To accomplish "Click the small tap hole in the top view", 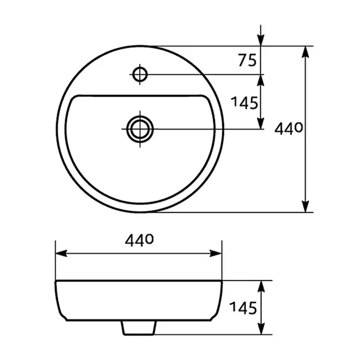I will click(x=140, y=75).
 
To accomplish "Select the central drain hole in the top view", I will click(x=140, y=129).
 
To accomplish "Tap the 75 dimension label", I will click(x=247, y=60).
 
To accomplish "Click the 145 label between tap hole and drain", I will click(x=245, y=102).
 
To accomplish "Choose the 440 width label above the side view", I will click(x=139, y=240).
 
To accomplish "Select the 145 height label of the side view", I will click(x=242, y=308).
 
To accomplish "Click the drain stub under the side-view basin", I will click(x=139, y=327).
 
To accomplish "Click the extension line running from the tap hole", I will click(x=203, y=75).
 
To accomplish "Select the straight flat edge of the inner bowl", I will click(x=140, y=95).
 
